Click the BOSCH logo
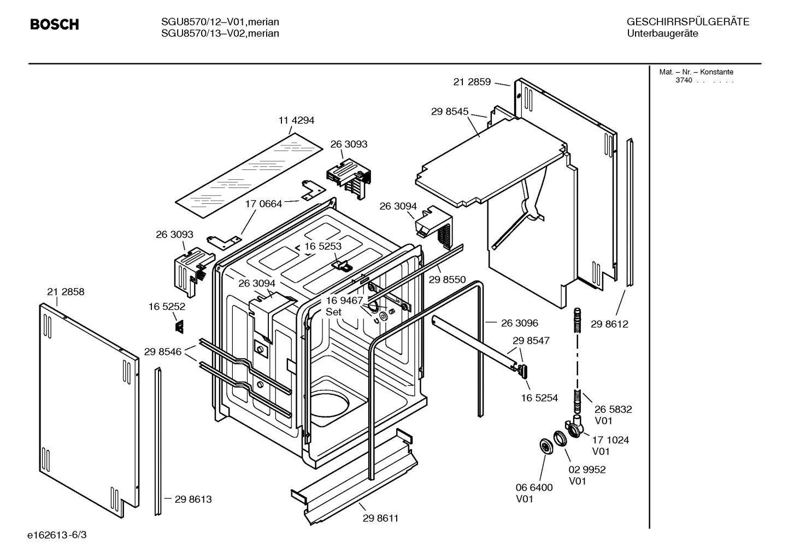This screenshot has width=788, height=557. (54, 25)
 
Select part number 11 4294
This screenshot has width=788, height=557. (296, 120)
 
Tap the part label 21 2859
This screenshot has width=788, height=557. (472, 82)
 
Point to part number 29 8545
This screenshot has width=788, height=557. (450, 112)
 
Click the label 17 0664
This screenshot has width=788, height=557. (263, 204)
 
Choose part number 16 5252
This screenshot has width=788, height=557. (167, 307)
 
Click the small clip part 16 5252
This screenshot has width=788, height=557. (179, 326)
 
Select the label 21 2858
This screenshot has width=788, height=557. (66, 292)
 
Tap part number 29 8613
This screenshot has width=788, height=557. (193, 499)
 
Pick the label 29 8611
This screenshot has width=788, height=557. (380, 518)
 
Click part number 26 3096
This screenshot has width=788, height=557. (519, 323)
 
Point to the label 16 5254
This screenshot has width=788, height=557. (539, 398)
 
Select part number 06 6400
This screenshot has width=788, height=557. (534, 488)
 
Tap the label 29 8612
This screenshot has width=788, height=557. (609, 324)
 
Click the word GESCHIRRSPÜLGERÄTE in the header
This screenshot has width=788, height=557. (687, 22)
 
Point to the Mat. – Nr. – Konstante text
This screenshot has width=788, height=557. (696, 72)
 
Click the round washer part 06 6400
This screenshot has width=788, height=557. (545, 445)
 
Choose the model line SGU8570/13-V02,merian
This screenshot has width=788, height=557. (220, 33)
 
